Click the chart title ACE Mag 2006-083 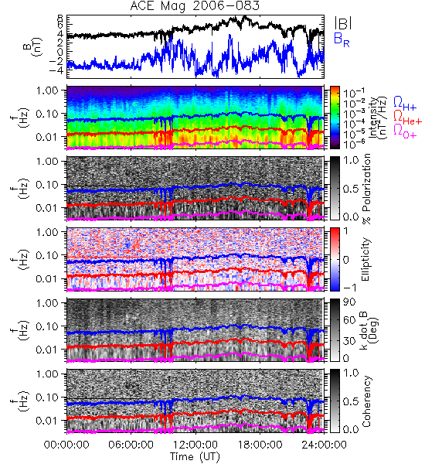pyautogui.click(x=195, y=5)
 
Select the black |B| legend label pyautogui.click(x=343, y=23)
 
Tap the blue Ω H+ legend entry pyautogui.click(x=405, y=104)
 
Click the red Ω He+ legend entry pyautogui.click(x=407, y=118)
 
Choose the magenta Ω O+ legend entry pyautogui.click(x=405, y=131)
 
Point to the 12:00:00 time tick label pyautogui.click(x=195, y=445)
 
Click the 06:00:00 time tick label pyautogui.click(x=131, y=445)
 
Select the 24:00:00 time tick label pyautogui.click(x=324, y=445)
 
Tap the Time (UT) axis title pyautogui.click(x=195, y=456)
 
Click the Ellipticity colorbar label pyautogui.click(x=365, y=260)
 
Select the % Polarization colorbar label pyautogui.click(x=366, y=189)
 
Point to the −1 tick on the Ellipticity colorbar pyautogui.click(x=349, y=288)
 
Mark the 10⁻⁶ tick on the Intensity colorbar pyautogui.click(x=354, y=144)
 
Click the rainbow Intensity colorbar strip pyautogui.click(x=335, y=118)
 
